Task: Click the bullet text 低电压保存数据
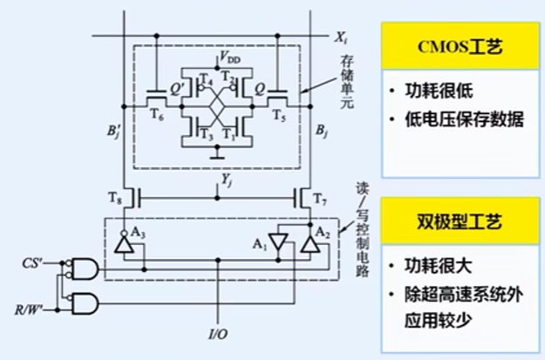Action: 465,119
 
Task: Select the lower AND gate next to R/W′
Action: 81,302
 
